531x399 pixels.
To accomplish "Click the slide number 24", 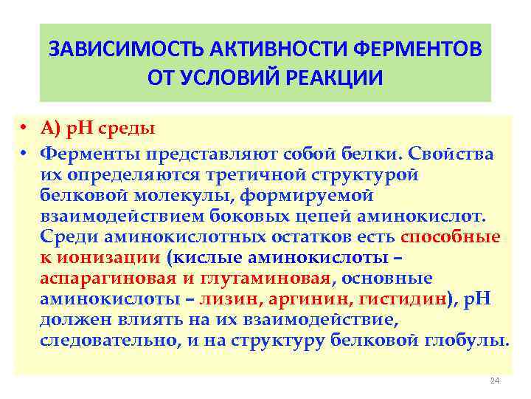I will (x=494, y=381).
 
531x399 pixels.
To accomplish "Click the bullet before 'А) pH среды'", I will (x=24, y=128).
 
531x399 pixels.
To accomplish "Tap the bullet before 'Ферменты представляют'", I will (x=24, y=154).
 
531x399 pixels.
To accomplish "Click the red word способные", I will (x=449, y=237).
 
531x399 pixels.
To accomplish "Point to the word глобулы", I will (x=471, y=341).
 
